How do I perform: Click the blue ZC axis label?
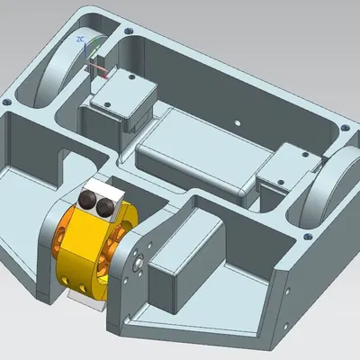point(81,40)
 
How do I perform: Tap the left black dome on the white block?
point(91,201)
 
